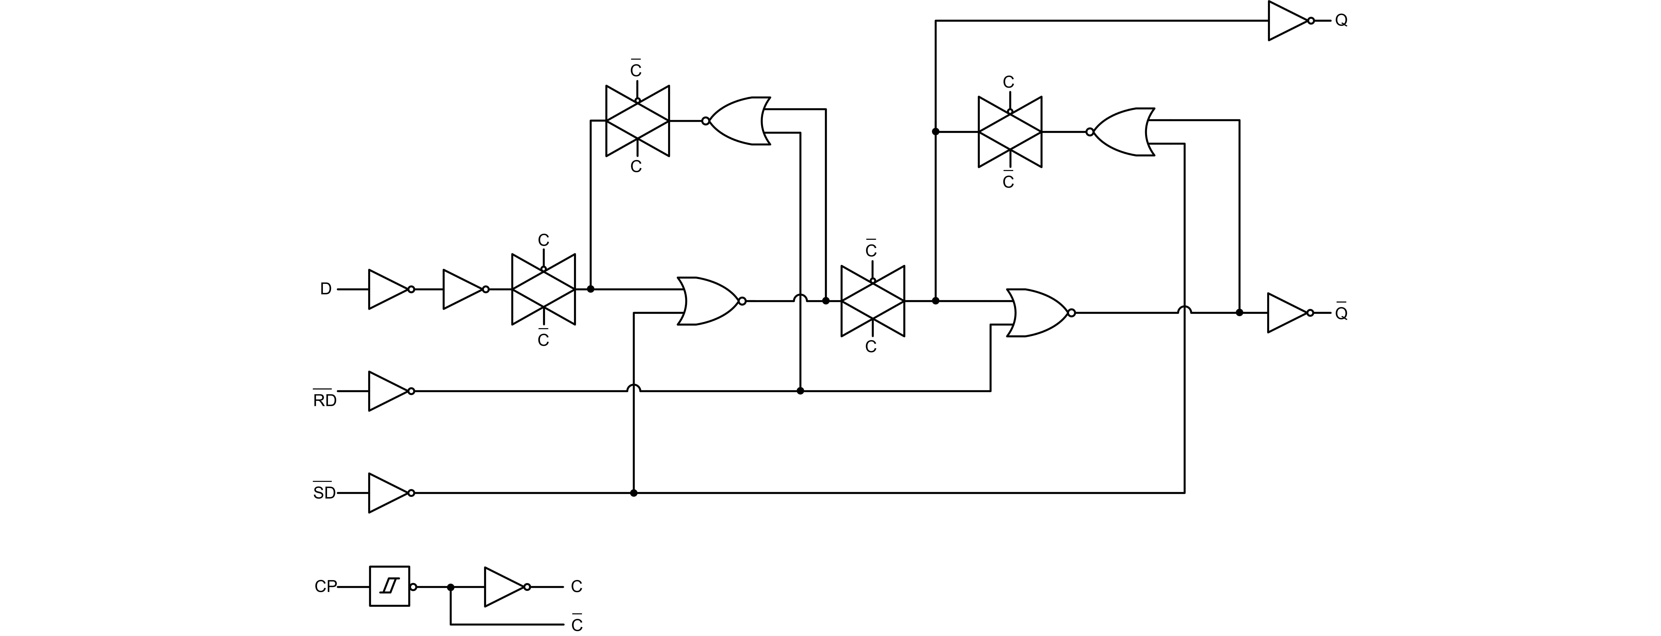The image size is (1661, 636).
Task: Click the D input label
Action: tap(326, 289)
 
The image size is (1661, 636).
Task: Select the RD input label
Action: tap(324, 400)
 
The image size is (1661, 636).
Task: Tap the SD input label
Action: tap(324, 493)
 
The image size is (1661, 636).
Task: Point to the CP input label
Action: tap(326, 586)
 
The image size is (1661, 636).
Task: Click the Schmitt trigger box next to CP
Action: tap(389, 586)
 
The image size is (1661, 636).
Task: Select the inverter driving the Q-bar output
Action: tap(1288, 313)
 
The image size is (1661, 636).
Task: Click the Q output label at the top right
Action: tap(1341, 21)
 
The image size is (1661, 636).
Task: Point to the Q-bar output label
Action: tap(1341, 313)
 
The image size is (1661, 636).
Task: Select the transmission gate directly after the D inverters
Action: tap(544, 289)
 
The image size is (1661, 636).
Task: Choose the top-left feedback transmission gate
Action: tap(637, 121)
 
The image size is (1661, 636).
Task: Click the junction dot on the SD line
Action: tap(634, 493)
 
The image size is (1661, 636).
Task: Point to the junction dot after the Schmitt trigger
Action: tap(451, 587)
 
